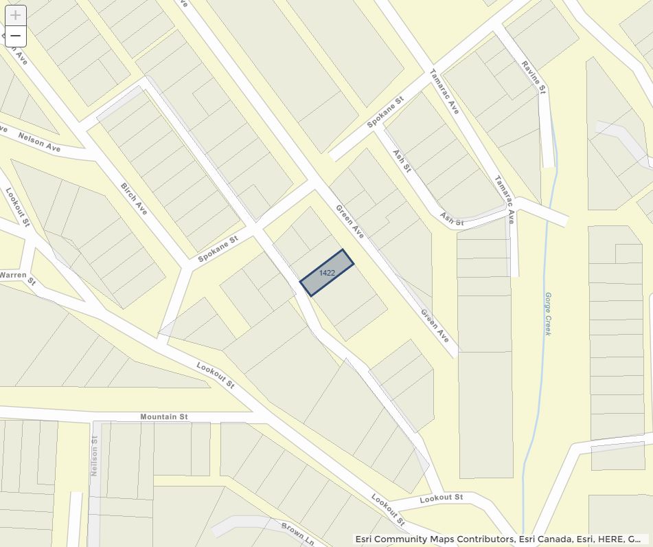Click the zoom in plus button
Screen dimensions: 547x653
point(15,15)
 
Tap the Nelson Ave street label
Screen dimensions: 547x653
point(39,142)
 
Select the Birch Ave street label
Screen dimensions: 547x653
point(134,198)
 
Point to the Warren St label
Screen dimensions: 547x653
point(17,276)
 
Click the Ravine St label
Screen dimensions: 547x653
point(534,76)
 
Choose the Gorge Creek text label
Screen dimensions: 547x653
point(548,314)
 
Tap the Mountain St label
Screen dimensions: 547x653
point(163,416)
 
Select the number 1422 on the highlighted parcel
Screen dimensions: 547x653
point(327,273)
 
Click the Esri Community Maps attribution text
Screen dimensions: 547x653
point(498,539)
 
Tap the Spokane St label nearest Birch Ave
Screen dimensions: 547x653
point(217,249)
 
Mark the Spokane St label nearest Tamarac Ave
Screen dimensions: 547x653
point(385,112)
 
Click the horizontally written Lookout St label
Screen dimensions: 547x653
point(441,498)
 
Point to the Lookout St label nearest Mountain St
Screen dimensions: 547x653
point(216,375)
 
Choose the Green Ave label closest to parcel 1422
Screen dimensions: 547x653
point(350,222)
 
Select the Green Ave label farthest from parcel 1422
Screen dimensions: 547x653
point(435,327)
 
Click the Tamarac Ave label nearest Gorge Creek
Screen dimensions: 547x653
point(505,200)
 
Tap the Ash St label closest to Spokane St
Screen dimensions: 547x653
point(401,160)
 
